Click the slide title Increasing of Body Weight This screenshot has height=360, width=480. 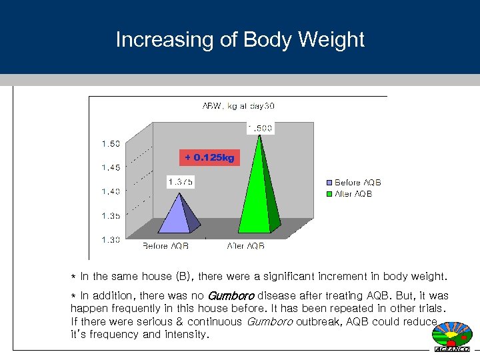(240, 39)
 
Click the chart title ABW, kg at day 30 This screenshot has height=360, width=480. (238, 106)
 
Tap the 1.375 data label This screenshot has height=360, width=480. (180, 181)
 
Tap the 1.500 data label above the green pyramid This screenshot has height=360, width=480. (259, 128)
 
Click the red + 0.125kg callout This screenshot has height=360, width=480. (209, 157)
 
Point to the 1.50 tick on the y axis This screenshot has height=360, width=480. (111, 143)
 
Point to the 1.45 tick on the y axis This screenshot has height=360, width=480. (111, 167)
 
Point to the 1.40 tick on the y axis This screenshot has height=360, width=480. (111, 191)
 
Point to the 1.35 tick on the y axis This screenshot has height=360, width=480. (111, 215)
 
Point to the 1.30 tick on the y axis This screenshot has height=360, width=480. (111, 239)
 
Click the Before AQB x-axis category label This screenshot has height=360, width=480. (165, 245)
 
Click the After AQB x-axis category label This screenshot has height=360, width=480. (245, 245)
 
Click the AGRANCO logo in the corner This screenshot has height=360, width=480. (452, 337)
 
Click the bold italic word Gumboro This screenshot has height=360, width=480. (231, 295)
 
